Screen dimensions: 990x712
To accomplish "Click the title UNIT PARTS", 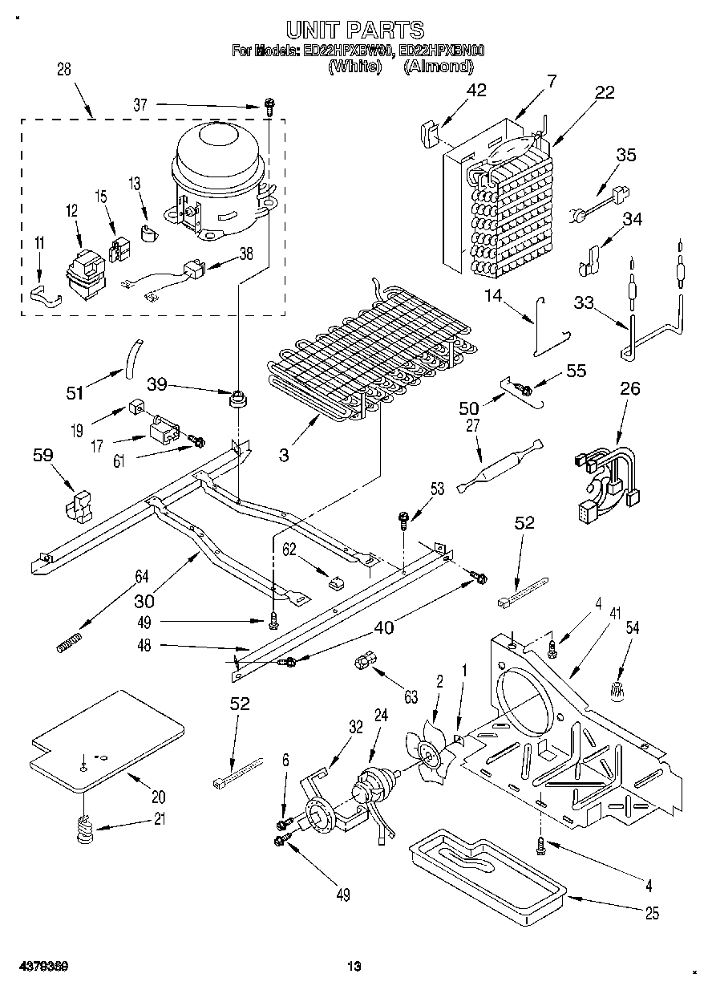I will (x=355, y=30).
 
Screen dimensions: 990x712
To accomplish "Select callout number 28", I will (x=64, y=70).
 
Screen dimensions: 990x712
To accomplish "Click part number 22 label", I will (x=605, y=91).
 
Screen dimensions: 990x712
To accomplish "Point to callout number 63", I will (x=411, y=697).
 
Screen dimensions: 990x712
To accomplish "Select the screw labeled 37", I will (x=270, y=105).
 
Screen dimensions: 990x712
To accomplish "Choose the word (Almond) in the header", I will (x=438, y=67).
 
